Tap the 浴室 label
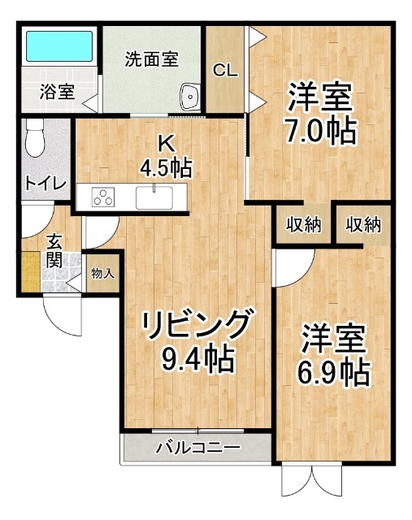coord(58,92)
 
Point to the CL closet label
coord(225,70)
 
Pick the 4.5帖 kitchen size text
coord(165,168)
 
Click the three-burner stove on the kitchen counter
coord(103,197)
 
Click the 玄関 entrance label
coord(54,250)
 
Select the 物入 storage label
coord(102,273)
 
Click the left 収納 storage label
coord(301,225)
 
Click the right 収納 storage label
coord(363,225)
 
